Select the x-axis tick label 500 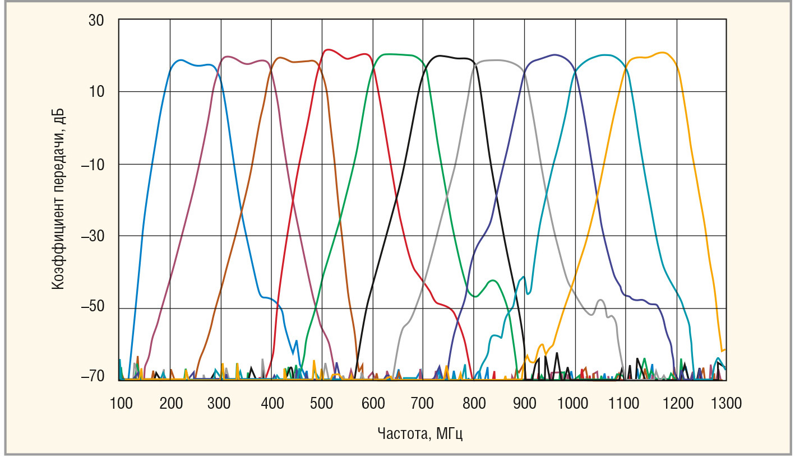(322, 403)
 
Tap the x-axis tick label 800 (474, 403)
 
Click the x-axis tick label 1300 (727, 403)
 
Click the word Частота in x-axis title (400, 433)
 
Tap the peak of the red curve (329, 50)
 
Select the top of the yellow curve (663, 53)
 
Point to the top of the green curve (392, 54)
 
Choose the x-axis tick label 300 (221, 403)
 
